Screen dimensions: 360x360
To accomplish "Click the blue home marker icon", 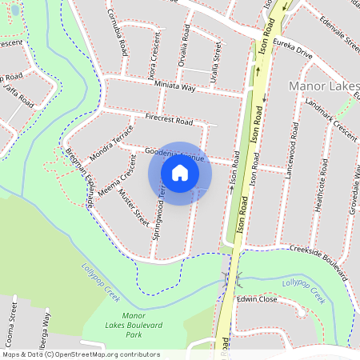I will tap(180, 172).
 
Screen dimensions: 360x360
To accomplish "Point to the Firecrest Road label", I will tap(170, 120).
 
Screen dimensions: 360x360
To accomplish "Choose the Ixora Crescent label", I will tap(150, 54).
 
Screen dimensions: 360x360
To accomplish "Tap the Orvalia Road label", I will tap(185, 50).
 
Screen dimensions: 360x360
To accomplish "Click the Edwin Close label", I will tap(256, 298).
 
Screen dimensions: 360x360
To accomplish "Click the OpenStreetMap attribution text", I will tap(80, 354).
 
